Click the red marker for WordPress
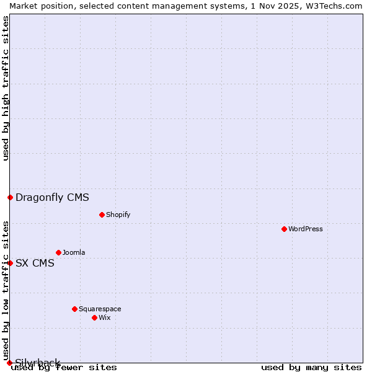pos(284,229)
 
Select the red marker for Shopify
pos(102,215)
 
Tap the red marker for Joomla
pos(58,252)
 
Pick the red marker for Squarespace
pos(74,309)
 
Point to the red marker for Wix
pos(94,317)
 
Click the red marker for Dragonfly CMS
pos(10,197)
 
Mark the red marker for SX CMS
pos(10,263)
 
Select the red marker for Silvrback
pos(9,363)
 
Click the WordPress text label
pos(306,229)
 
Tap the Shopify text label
pos(118,215)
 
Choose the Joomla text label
pos(74,252)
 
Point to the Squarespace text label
pos(100,309)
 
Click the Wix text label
pos(104,317)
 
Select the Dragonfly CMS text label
pos(52,198)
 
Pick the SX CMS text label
pos(35,263)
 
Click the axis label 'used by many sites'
pos(311,367)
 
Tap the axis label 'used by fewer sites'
pos(64,367)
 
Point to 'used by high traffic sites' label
pos(6,88)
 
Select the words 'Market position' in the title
pos(37,6)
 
